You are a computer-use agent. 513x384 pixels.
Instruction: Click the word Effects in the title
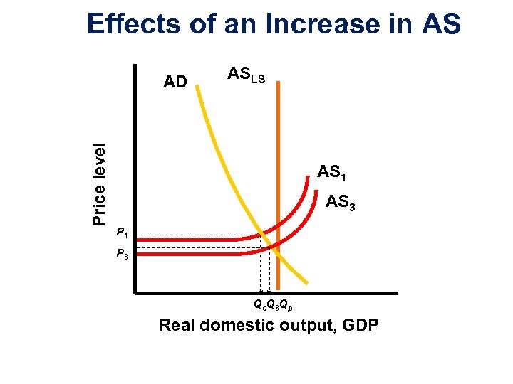coord(134,23)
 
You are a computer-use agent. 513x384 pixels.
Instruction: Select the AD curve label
coord(175,82)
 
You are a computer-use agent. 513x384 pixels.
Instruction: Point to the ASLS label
coord(246,75)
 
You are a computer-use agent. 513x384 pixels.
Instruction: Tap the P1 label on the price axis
coord(122,233)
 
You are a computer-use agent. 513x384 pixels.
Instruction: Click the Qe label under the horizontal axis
coord(259,305)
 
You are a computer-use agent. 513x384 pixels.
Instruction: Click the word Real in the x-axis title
coord(178,326)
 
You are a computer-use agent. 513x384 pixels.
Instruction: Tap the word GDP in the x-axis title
coord(361,326)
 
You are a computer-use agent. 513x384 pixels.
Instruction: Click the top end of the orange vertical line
coord(278,82)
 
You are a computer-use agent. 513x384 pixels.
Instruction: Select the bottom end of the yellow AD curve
coord(309,281)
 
